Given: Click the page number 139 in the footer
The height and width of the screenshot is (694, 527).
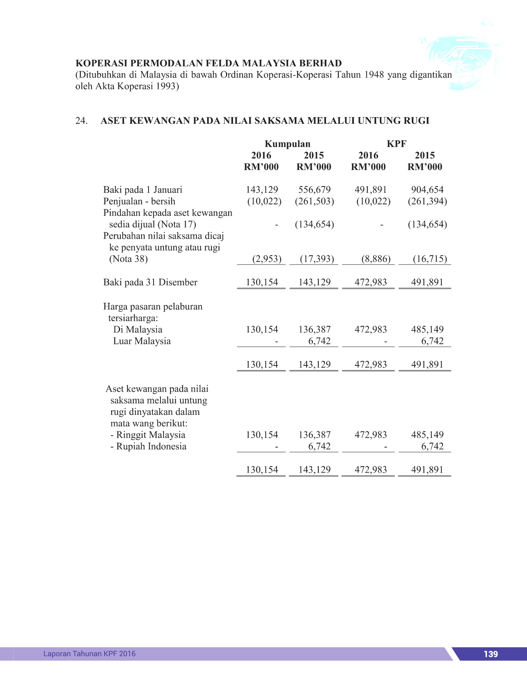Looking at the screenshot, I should click(490, 654).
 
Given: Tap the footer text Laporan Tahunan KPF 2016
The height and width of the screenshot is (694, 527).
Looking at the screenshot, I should click(90, 654).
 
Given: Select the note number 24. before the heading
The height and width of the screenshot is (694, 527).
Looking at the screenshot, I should click(81, 121).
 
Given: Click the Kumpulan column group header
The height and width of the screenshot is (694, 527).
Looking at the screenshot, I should click(287, 144).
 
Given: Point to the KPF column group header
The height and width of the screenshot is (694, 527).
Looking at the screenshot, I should click(397, 144).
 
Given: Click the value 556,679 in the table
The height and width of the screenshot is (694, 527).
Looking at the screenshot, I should click(314, 190).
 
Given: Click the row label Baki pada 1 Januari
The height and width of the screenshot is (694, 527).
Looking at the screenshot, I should click(143, 190).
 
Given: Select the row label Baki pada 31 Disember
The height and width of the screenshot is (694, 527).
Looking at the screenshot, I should click(150, 282).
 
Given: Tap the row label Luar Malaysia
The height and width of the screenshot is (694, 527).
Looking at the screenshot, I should click(142, 341).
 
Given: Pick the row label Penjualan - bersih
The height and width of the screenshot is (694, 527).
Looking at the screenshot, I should click(139, 201).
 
